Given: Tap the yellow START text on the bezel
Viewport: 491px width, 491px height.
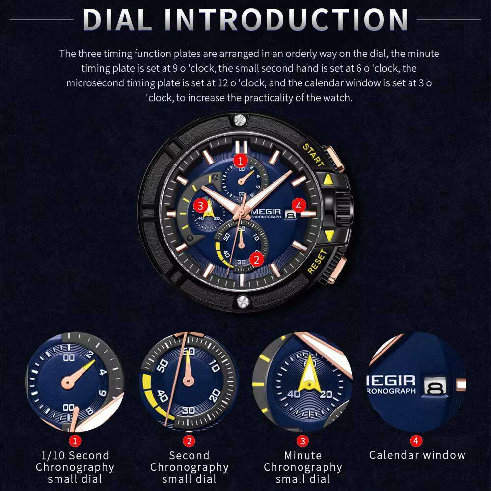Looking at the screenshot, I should point(313,156).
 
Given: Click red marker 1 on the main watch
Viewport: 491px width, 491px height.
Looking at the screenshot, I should point(240,160).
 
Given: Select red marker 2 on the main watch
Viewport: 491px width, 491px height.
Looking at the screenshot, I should point(256,259).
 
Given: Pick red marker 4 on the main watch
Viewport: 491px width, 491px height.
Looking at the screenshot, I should point(299,205).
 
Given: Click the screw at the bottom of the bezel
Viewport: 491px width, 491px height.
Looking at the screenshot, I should point(241,301).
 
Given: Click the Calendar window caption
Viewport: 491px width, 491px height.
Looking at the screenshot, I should point(417,455).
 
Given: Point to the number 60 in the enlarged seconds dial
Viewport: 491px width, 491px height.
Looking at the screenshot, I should point(189,352).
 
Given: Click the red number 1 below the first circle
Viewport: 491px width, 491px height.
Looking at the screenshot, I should point(75,441).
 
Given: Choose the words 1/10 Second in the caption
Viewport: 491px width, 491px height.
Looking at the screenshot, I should point(75,455).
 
